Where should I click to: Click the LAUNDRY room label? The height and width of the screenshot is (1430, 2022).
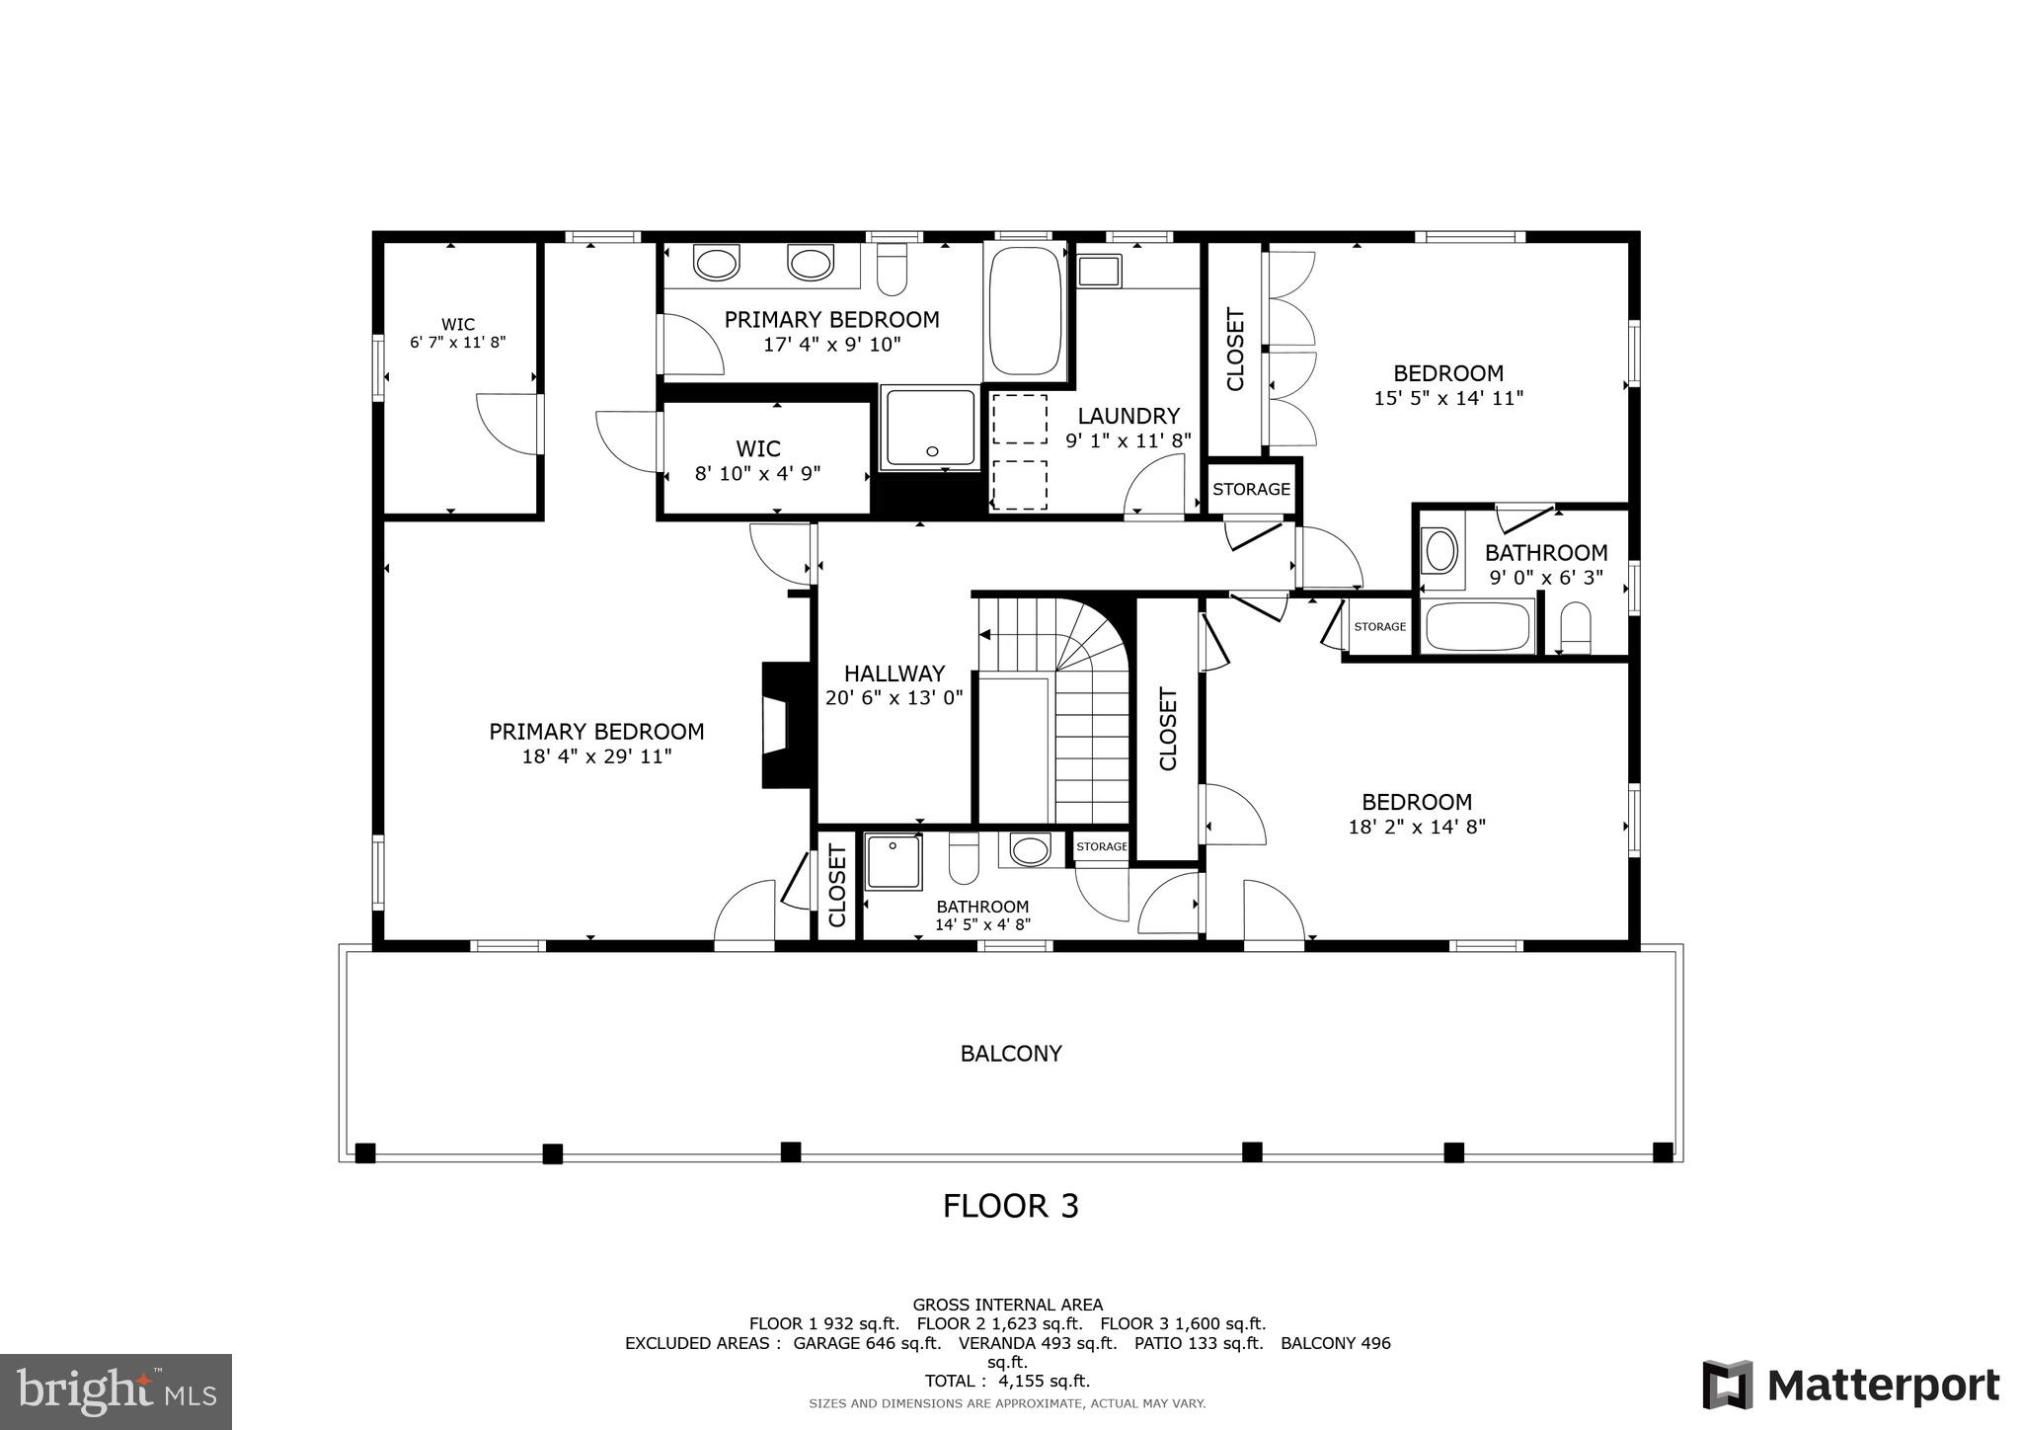[x=1128, y=416]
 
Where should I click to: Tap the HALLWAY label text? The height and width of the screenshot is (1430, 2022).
[x=894, y=674]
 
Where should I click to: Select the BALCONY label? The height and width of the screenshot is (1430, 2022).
[x=1011, y=1054]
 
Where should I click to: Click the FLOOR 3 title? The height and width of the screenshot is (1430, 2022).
[x=1010, y=1206]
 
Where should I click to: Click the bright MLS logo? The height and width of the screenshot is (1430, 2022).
[x=116, y=1391]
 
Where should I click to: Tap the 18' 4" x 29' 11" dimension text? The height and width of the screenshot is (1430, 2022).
[x=596, y=756]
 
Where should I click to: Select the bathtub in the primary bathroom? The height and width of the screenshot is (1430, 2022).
[x=1025, y=308]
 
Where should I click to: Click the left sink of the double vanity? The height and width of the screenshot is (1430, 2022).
[x=716, y=264]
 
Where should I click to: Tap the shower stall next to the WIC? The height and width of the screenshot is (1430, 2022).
[x=929, y=428]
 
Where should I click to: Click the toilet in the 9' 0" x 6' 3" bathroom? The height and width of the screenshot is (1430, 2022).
[x=1576, y=628]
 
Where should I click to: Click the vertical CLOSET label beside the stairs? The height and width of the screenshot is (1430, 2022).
[x=1168, y=729]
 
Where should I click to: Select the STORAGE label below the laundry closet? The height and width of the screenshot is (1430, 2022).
[x=1251, y=489]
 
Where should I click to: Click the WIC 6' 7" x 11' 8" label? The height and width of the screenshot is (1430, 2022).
[x=457, y=333]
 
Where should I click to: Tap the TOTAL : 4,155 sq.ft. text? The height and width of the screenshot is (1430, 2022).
[x=1007, y=1381]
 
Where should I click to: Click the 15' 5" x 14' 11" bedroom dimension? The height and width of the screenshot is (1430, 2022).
[x=1447, y=398]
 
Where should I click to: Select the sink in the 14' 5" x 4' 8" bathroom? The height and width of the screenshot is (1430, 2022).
[x=1031, y=849]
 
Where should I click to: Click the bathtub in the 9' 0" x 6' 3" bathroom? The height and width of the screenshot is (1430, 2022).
[x=1477, y=626]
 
